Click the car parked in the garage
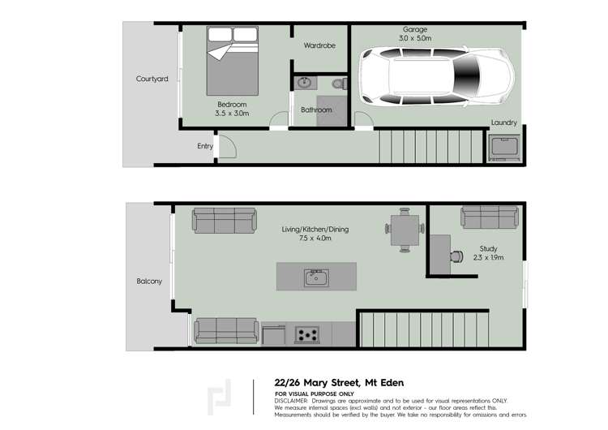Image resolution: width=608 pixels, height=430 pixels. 437,78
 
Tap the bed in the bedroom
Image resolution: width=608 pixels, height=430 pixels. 232,61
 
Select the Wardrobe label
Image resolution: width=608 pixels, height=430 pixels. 319,45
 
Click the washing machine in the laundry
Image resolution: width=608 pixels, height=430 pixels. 504,149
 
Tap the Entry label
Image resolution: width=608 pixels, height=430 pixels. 205,146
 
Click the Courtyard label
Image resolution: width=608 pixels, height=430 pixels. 152,79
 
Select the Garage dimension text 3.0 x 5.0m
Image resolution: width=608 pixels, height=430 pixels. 414,38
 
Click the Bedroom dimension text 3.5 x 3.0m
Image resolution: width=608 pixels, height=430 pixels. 232,114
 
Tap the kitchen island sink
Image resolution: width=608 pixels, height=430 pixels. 316,278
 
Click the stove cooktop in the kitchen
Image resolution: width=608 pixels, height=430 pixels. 307,333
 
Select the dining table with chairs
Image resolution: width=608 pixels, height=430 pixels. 404,230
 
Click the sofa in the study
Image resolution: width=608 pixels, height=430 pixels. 490,217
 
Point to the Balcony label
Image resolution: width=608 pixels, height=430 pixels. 149,282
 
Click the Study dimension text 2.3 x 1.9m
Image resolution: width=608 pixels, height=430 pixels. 488,258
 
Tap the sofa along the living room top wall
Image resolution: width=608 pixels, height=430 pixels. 224,221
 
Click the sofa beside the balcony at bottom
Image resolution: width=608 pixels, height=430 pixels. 226,329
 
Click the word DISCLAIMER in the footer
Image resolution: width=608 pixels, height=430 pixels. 291,401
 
